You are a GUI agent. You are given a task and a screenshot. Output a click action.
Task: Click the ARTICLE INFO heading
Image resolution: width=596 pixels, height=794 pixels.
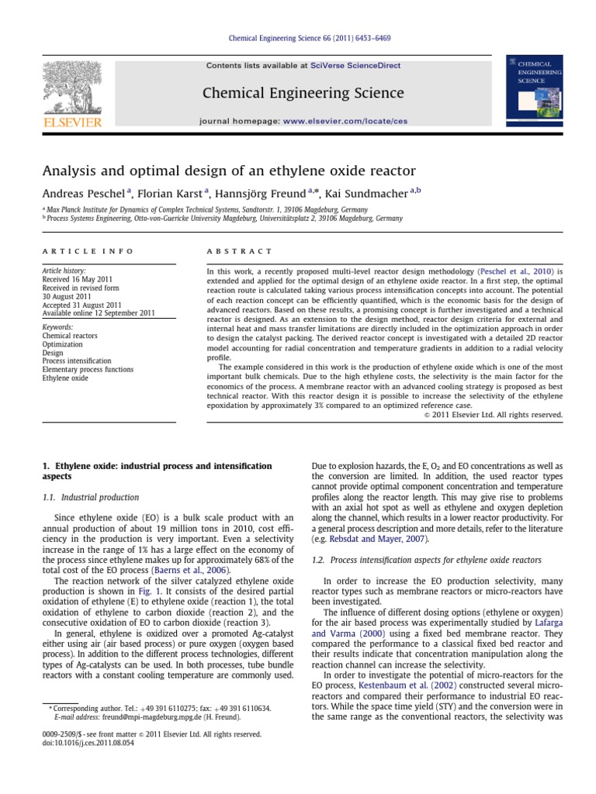[87, 251]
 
